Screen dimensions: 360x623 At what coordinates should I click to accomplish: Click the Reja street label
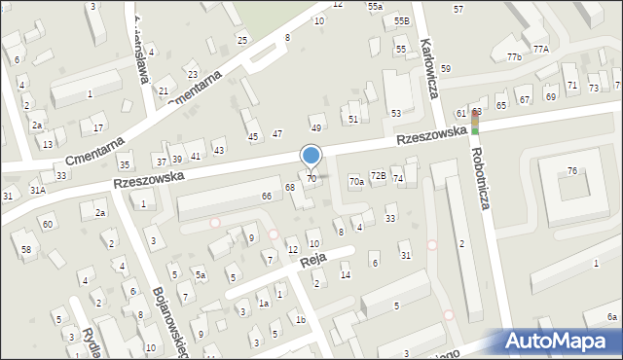311,260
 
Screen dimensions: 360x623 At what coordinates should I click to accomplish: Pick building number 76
572,171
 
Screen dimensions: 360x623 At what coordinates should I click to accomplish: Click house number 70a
357,181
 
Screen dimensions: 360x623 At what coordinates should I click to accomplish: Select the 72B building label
379,176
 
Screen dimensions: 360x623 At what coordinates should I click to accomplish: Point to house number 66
266,197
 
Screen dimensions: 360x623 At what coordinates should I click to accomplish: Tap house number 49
315,128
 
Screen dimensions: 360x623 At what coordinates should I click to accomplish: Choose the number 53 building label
396,114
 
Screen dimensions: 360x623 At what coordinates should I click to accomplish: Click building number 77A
541,49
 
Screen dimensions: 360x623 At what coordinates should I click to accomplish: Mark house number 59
445,69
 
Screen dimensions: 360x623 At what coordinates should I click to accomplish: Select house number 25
242,40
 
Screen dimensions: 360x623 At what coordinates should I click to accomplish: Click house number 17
98,127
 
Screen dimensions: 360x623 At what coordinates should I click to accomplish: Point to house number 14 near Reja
345,275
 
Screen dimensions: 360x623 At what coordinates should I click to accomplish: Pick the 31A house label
37,191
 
